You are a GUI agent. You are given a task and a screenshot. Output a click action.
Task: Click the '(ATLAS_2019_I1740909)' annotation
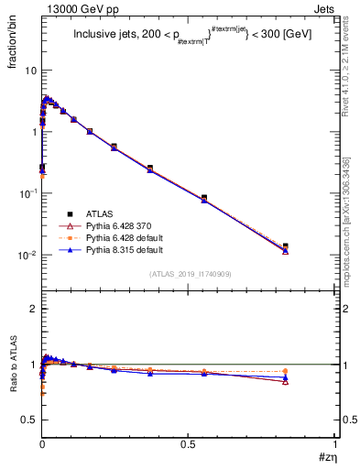tap(189, 274)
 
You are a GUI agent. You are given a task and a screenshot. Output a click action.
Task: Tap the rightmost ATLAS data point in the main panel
tap(311, 246)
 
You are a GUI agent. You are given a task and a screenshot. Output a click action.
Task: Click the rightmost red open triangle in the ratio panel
tap(311, 381)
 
